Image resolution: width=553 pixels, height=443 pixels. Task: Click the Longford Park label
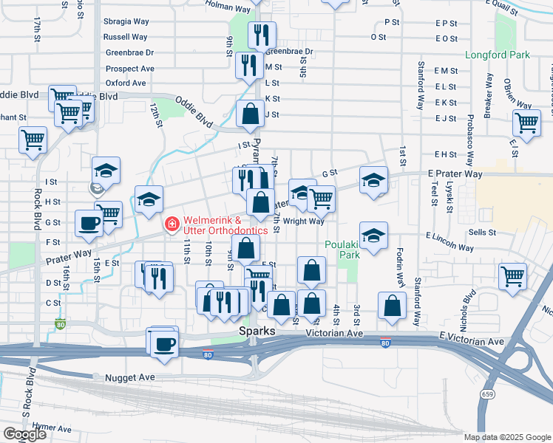[498, 55]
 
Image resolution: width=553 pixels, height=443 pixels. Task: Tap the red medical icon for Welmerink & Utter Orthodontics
[172, 222]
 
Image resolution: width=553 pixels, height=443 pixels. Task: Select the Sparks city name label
[257, 332]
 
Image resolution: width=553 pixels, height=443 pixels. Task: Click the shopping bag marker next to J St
[251, 114]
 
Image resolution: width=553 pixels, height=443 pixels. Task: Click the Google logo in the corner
[24, 434]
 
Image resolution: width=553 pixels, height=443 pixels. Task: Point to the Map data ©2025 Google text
[507, 437]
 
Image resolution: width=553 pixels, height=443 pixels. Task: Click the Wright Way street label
[304, 221]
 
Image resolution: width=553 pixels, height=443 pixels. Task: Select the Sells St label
[482, 232]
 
